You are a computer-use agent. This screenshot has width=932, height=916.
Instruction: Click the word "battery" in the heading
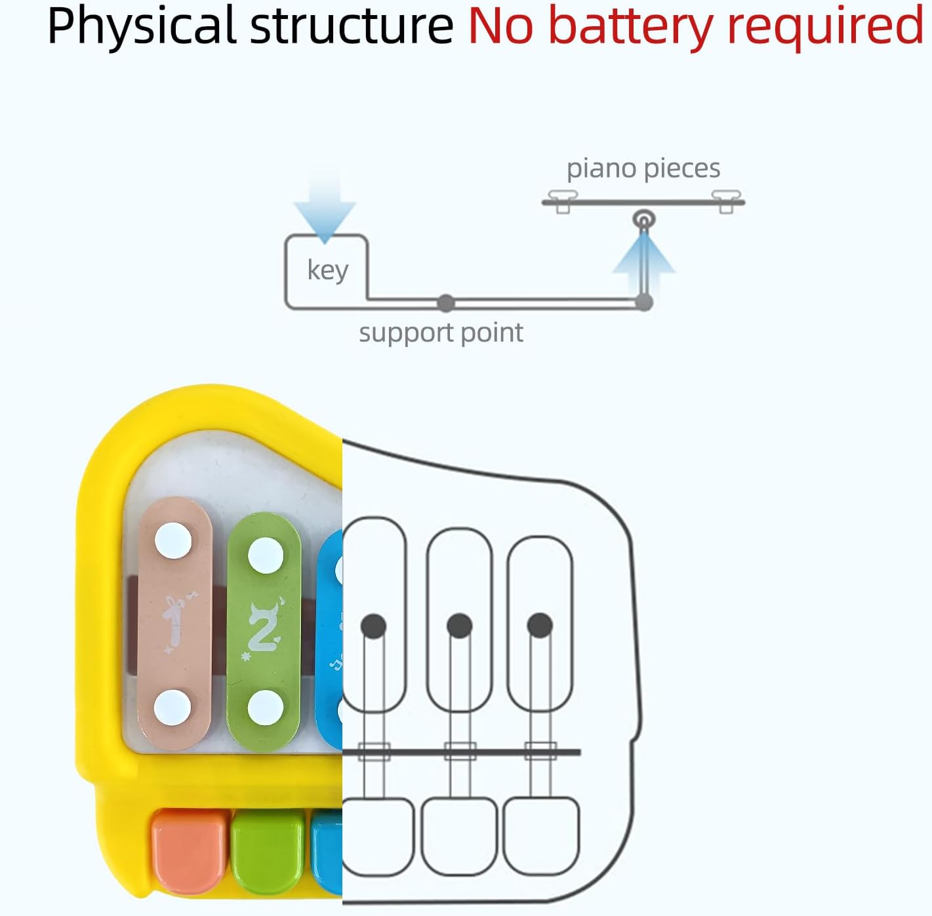click(629, 26)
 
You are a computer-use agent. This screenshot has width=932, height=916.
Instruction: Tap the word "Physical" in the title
click(140, 26)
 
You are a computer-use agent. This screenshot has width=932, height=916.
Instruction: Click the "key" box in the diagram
click(327, 270)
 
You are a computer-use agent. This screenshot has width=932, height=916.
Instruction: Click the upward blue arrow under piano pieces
click(643, 259)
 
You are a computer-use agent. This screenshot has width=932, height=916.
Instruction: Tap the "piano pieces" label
click(643, 169)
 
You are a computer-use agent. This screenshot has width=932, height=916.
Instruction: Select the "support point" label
click(441, 333)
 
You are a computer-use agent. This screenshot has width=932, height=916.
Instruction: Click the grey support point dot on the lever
click(446, 303)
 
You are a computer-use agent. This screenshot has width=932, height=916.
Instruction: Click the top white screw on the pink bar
click(173, 541)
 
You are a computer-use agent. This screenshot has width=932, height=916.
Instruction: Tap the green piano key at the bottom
click(268, 850)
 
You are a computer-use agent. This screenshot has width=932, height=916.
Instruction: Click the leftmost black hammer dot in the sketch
click(373, 626)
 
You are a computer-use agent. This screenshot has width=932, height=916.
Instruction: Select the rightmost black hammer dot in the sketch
click(540, 626)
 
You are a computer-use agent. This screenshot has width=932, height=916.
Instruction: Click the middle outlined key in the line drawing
click(459, 835)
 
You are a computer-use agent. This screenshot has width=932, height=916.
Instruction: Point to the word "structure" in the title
click(352, 26)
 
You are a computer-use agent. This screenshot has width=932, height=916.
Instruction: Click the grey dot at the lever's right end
click(644, 302)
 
